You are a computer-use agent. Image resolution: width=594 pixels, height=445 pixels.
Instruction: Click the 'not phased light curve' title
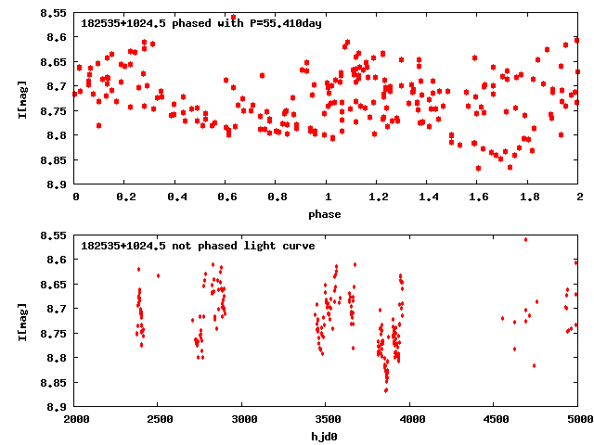(198, 246)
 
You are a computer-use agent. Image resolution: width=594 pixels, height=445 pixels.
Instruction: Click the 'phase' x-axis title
(326, 214)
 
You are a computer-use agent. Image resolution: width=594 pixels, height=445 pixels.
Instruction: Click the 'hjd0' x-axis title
(326, 437)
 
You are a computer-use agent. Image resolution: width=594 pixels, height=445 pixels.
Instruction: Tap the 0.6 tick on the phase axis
(226, 197)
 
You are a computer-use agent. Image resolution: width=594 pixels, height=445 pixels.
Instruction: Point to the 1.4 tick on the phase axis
(428, 197)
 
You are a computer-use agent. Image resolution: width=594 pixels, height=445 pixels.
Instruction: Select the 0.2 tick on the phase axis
(125, 197)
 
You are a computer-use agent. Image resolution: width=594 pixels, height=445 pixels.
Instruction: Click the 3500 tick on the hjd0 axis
(326, 419)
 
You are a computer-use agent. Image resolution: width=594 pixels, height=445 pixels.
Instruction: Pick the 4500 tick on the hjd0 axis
(494, 419)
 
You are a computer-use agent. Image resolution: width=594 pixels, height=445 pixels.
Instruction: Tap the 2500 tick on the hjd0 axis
(158, 419)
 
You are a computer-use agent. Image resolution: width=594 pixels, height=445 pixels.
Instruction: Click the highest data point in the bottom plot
(525, 239)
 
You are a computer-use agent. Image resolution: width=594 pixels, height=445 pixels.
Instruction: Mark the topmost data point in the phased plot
(233, 17)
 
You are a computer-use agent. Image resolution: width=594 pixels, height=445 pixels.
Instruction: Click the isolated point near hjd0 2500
(158, 275)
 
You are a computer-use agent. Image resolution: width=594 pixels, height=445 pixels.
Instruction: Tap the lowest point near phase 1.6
(478, 168)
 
